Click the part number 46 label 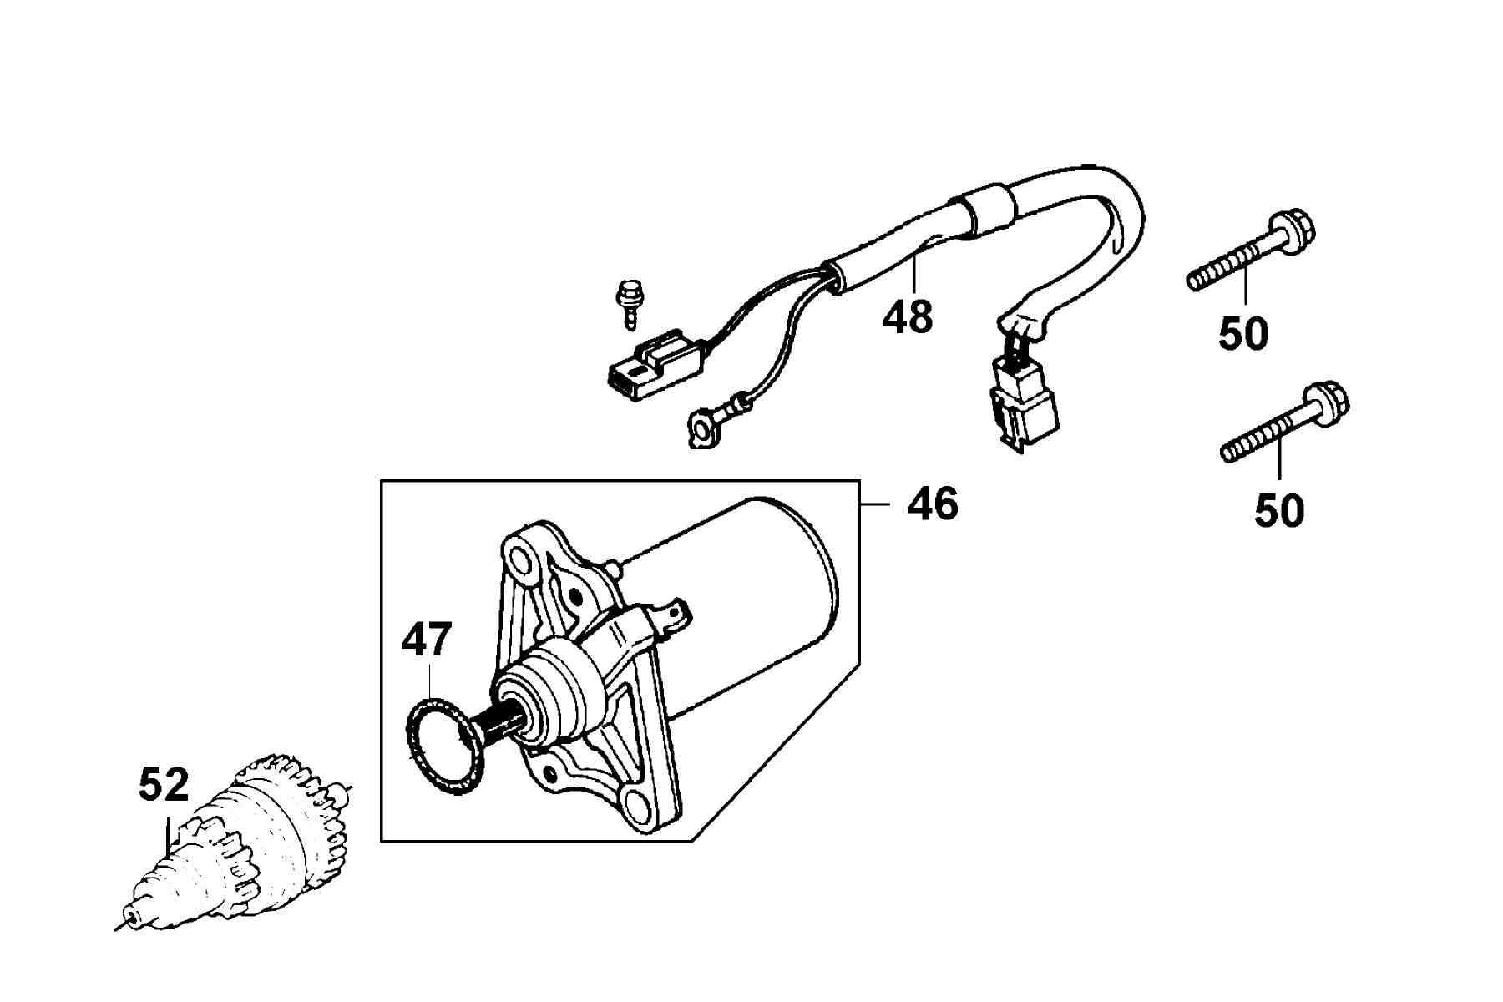tap(933, 504)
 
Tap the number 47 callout tap(427, 640)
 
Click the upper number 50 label tap(1243, 334)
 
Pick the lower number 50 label tap(1278, 510)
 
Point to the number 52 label tap(164, 784)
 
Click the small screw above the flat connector tap(626, 305)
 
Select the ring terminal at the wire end tap(703, 431)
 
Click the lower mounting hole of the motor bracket tap(641, 807)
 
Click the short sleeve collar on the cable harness tap(989, 213)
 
